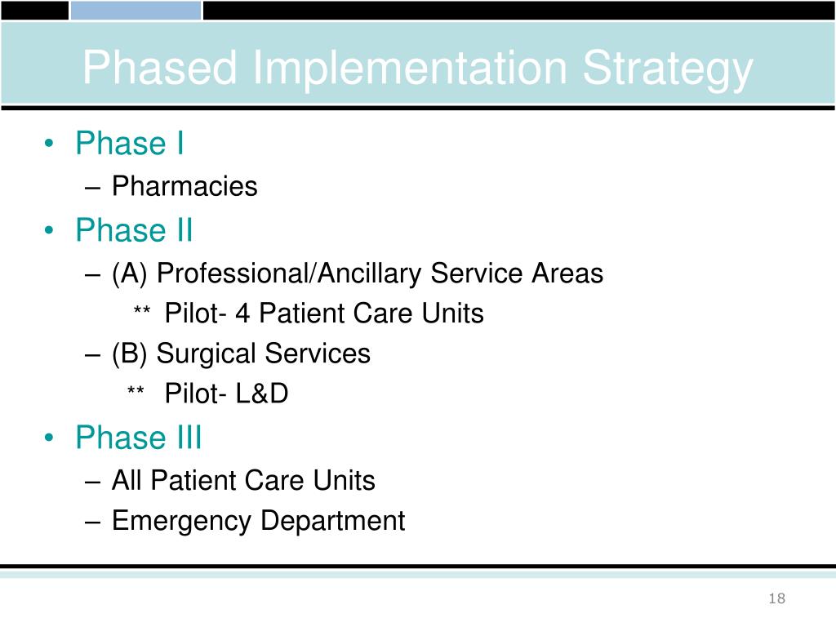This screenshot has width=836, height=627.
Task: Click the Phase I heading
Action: coord(129,144)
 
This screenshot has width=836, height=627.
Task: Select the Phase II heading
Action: coord(134,230)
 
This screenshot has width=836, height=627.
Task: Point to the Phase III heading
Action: coord(138,438)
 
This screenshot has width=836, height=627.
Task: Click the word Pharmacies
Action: coord(185,187)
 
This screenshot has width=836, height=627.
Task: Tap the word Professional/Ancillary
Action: coord(289,273)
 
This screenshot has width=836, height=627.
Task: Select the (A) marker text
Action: coord(130,273)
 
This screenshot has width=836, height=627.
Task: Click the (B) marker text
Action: coord(130,354)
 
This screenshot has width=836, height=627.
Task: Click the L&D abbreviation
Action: coord(262,394)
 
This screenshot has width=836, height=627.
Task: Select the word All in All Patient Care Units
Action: coord(127,480)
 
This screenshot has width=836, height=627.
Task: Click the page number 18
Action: coord(776,599)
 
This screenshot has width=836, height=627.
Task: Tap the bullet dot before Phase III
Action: coord(51,439)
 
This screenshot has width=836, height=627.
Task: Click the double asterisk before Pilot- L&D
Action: coord(136,394)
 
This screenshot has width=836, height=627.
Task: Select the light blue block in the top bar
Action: coord(136,10)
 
